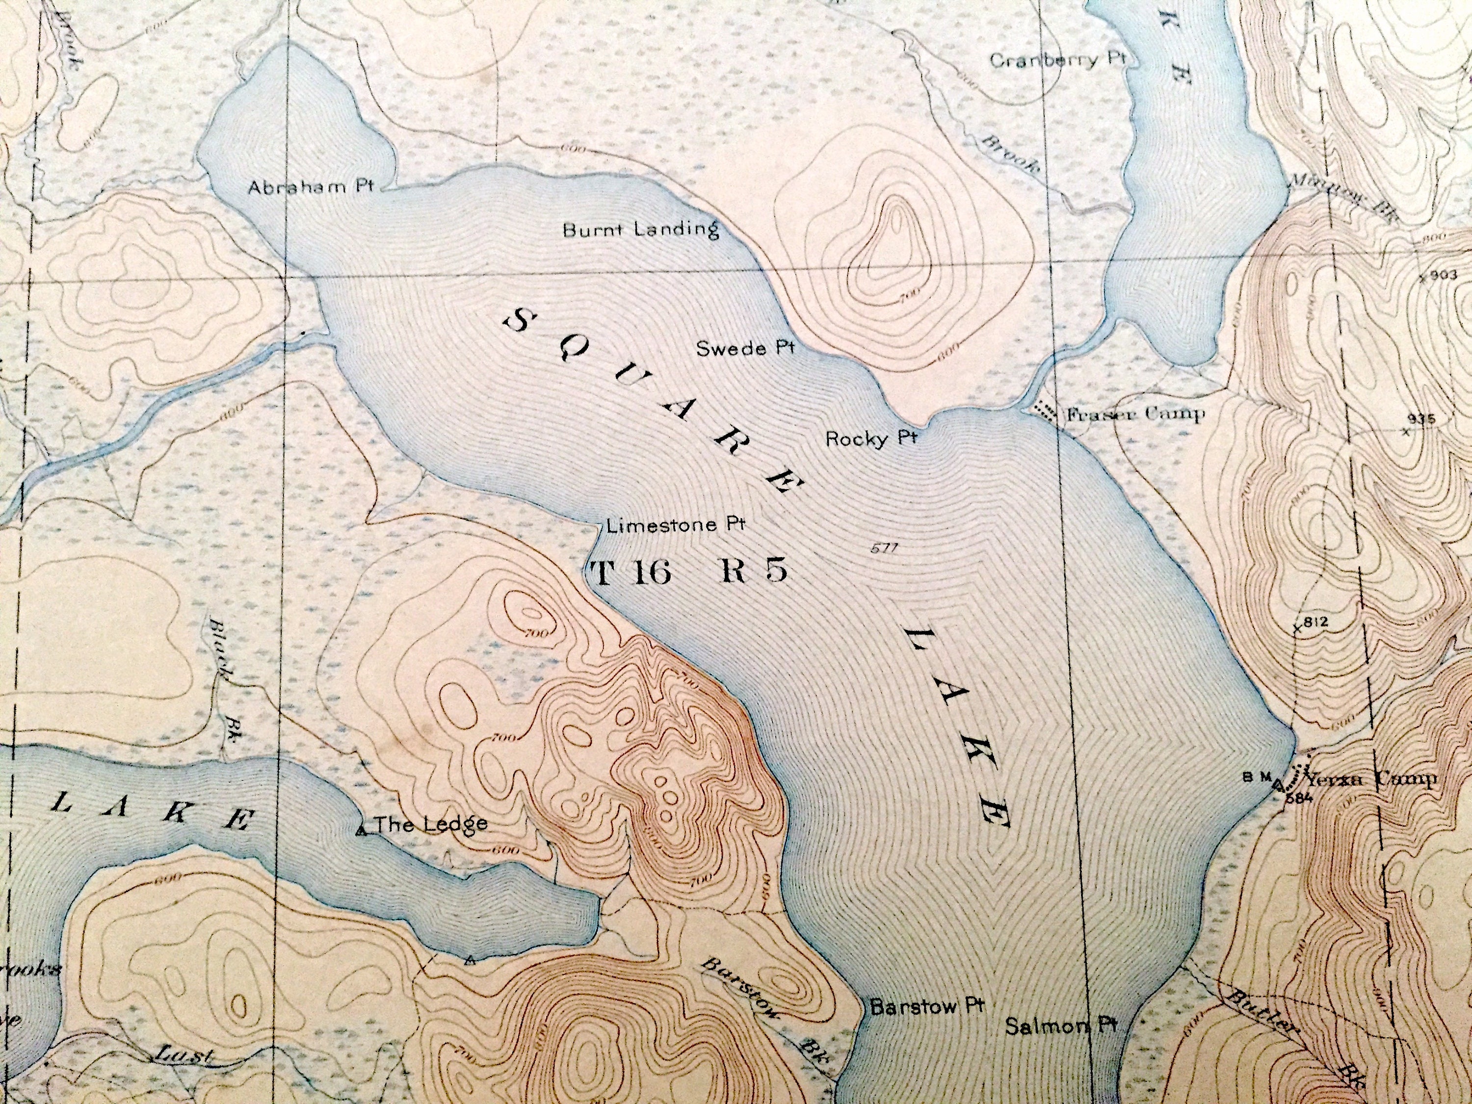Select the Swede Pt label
click(x=745, y=348)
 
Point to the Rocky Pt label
click(x=871, y=439)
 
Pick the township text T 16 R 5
click(x=689, y=572)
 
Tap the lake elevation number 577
click(x=884, y=549)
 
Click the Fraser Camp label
click(x=1135, y=415)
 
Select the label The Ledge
click(x=430, y=824)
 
